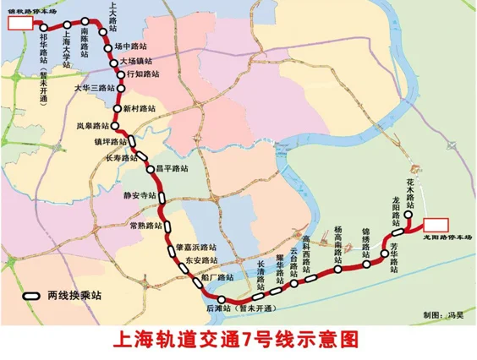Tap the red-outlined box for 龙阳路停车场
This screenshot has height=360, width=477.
[436, 225]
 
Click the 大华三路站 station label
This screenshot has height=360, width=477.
[94, 88]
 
